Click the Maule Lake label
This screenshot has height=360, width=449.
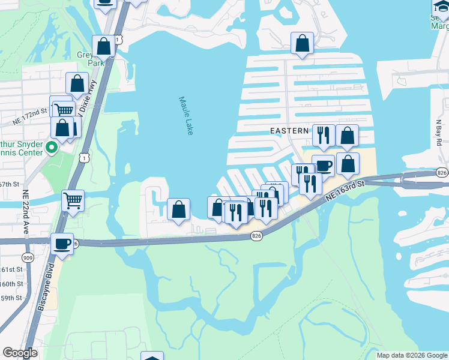pos(185,116)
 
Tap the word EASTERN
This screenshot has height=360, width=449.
pos(289,130)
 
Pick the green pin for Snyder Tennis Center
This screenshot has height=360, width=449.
pos(52,146)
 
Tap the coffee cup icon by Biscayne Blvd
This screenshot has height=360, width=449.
pos(62,243)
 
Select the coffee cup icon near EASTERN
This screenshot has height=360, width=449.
pos(324,165)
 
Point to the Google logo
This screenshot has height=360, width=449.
pos(20,353)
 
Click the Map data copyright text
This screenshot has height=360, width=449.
pos(412,355)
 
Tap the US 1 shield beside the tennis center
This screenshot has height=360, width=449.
pos(86,157)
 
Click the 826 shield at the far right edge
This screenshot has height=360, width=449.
pos(442,173)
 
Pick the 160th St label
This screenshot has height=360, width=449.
pos(13,283)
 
